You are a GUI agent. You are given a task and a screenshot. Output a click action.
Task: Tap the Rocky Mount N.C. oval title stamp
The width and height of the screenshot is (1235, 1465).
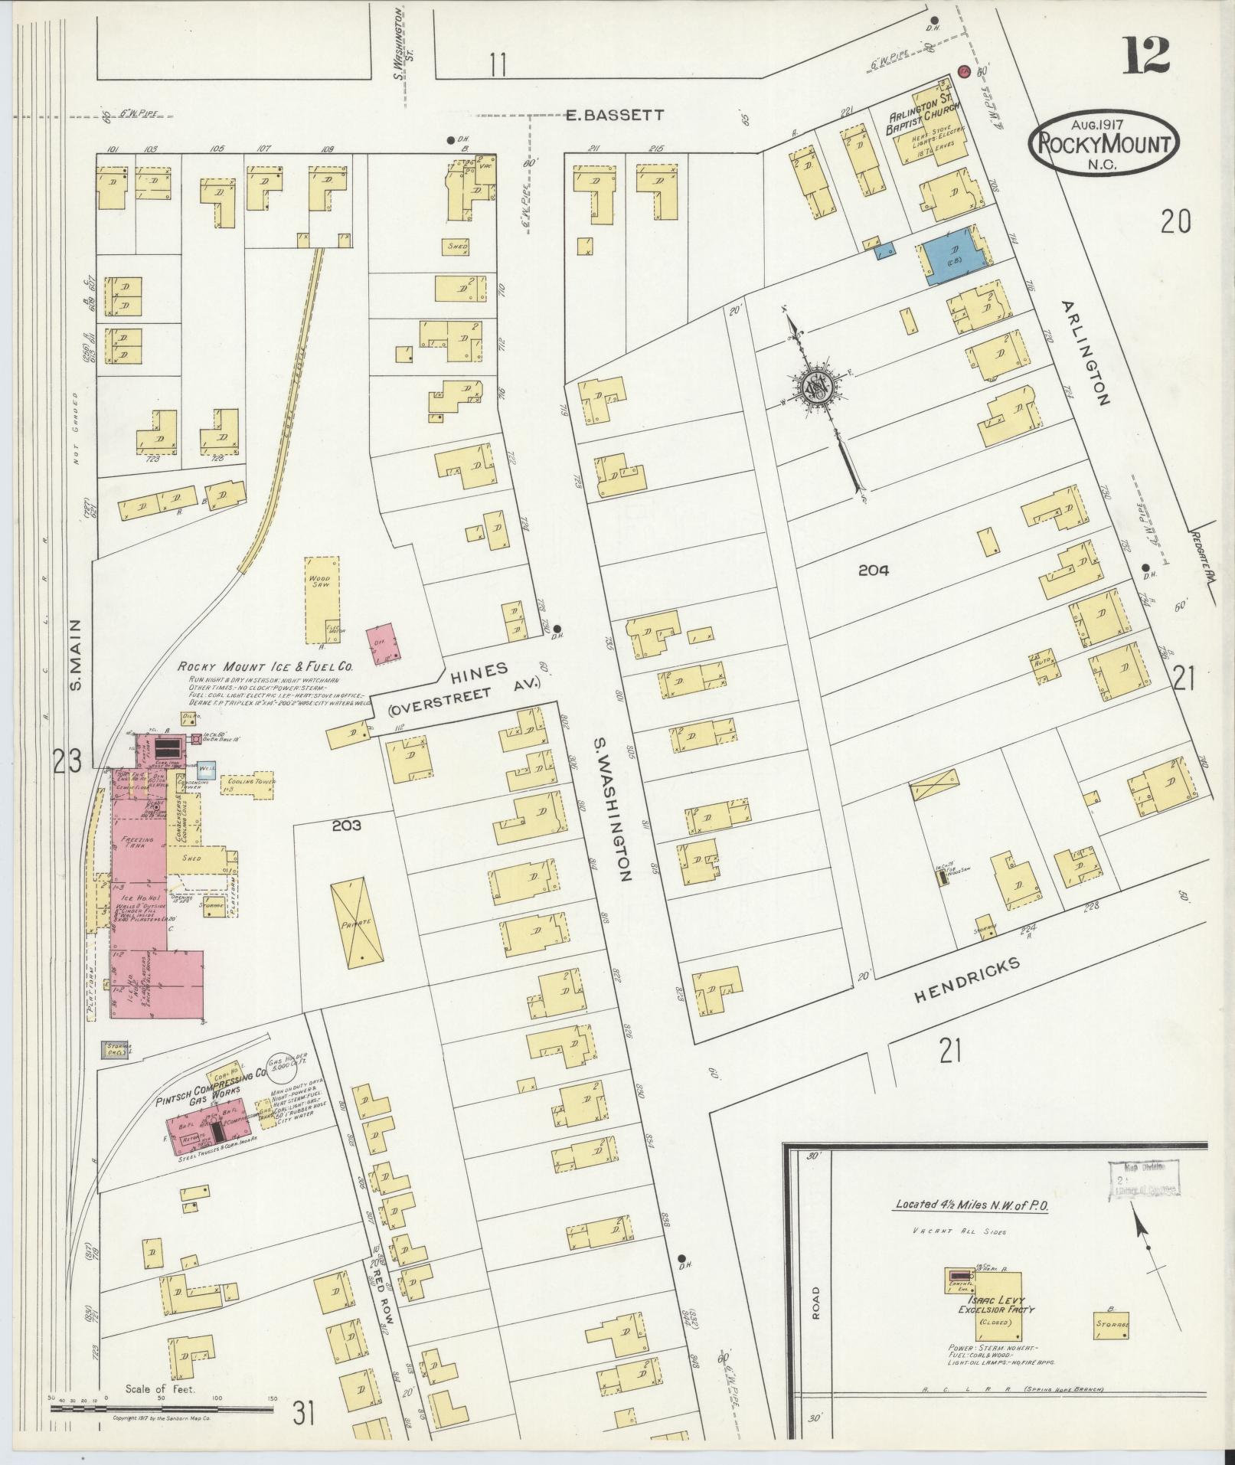[1103, 145]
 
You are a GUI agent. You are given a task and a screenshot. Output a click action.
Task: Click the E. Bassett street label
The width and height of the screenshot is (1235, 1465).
[616, 115]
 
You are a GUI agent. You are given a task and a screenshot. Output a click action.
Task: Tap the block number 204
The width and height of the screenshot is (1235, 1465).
[873, 570]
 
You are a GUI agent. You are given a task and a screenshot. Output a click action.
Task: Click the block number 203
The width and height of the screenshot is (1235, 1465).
[346, 826]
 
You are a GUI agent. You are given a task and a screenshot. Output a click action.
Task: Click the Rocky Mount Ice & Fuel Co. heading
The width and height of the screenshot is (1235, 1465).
[265, 666]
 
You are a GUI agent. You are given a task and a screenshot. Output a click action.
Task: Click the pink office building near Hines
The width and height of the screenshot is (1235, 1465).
[384, 643]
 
